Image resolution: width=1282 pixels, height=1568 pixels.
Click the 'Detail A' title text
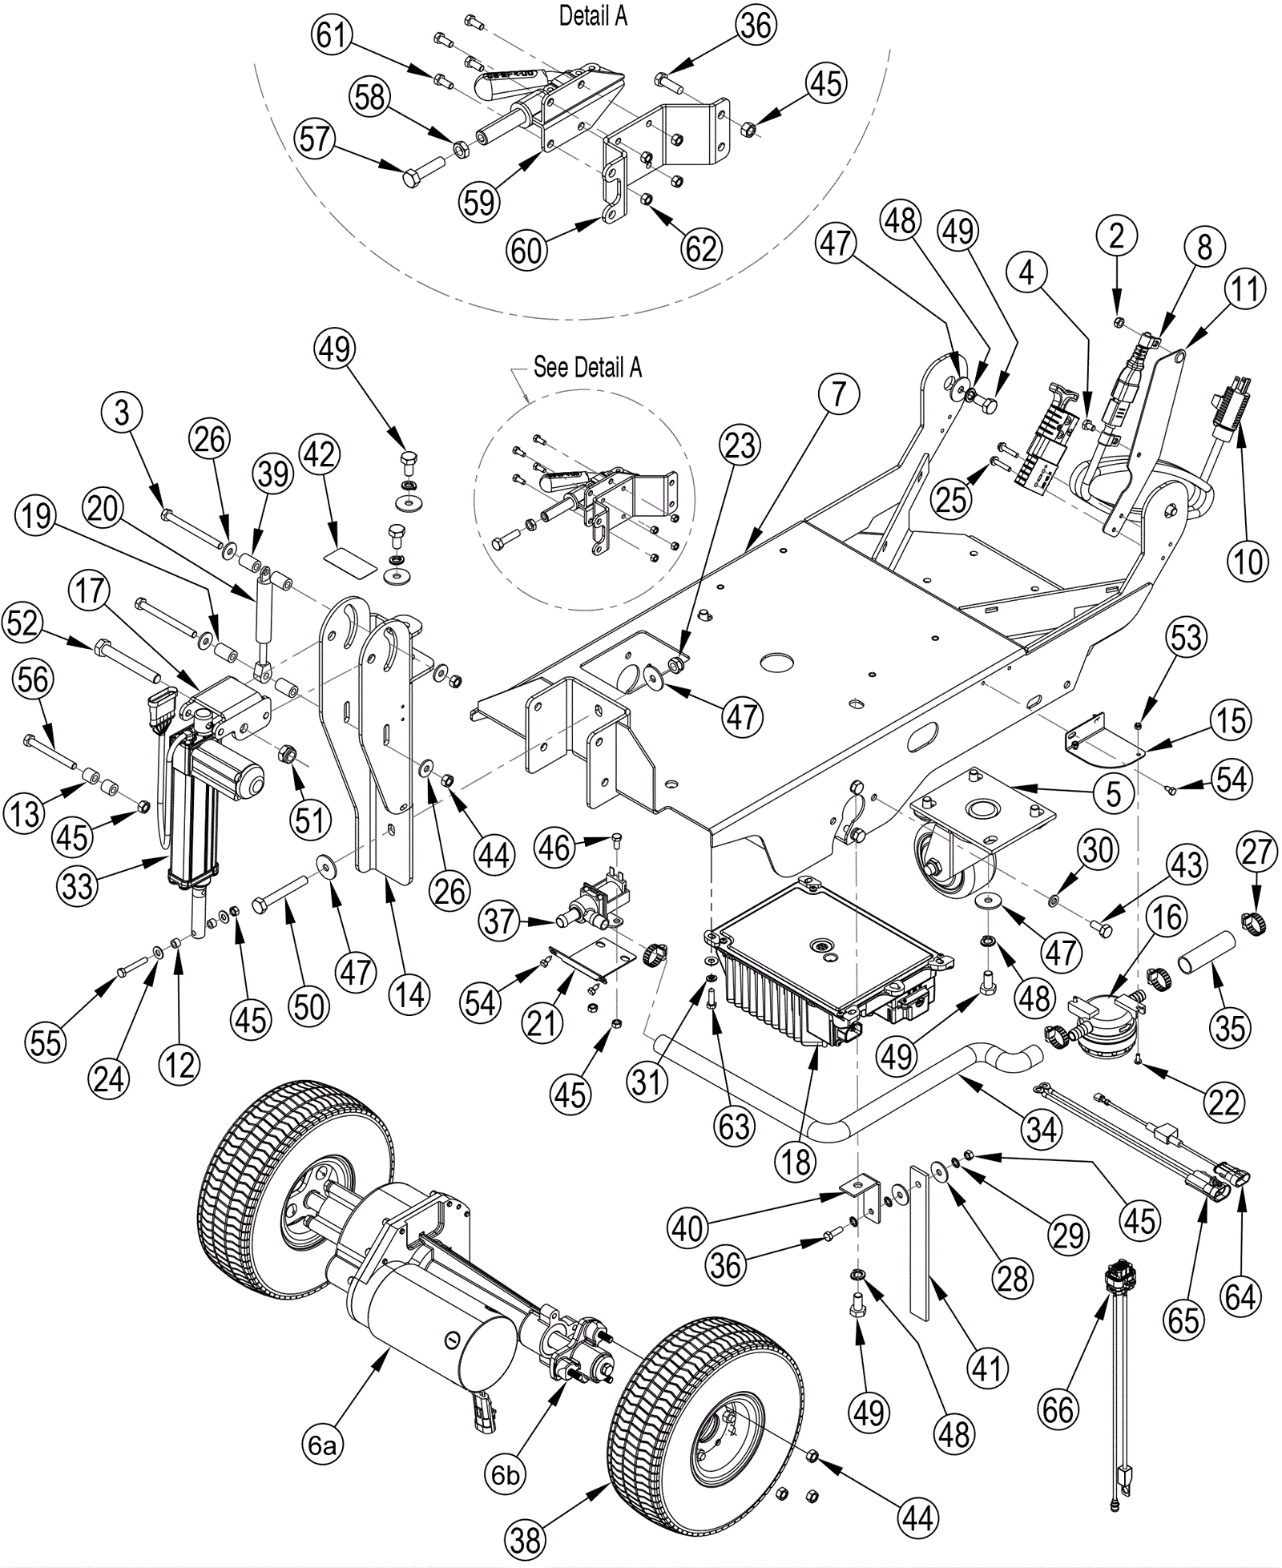coord(593,16)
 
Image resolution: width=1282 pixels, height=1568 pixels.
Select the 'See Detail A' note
coord(587,367)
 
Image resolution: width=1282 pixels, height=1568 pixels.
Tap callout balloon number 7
coord(837,396)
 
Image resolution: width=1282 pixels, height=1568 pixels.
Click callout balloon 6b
coord(505,1474)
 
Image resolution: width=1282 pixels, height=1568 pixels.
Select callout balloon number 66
coord(1058,1409)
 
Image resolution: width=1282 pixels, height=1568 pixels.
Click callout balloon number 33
coord(78,886)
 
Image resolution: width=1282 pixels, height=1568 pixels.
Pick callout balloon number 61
coord(331,36)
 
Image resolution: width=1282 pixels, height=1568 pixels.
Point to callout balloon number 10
coord(1248,562)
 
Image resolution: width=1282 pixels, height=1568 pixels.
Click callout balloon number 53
coord(1187,637)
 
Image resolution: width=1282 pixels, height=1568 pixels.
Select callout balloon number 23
coord(740,445)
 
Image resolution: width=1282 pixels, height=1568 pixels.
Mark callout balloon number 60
coord(526,251)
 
